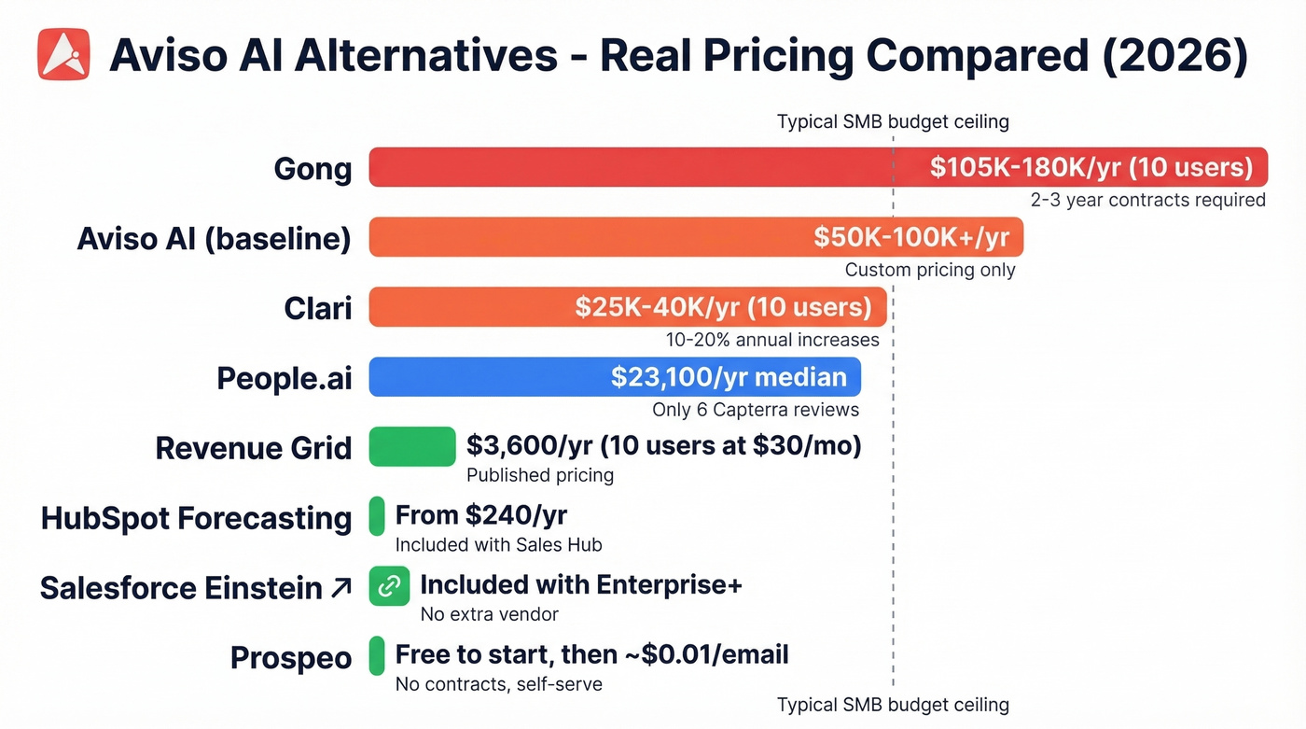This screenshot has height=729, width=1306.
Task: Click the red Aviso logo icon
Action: coord(63,53)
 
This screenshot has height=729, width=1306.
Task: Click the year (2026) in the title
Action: coord(1178,55)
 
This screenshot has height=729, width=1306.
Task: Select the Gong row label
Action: coord(313,169)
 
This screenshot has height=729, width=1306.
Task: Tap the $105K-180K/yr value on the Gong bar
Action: coord(1091,167)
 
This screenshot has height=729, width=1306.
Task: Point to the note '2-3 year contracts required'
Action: coord(1147,200)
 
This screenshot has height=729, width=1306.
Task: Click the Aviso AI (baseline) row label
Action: coord(214,238)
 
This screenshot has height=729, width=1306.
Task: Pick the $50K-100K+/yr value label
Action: coord(910,237)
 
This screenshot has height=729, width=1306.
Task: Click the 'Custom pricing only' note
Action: coord(929,270)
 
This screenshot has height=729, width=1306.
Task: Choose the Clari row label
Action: coord(317,308)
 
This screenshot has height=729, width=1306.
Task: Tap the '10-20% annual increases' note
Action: coord(771,340)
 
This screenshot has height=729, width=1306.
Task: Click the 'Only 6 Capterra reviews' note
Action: coord(755,410)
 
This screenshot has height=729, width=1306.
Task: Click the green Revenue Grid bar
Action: coord(412,446)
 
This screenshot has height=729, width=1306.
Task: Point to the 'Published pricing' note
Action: coord(539,475)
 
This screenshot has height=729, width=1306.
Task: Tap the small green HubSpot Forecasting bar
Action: coord(377,516)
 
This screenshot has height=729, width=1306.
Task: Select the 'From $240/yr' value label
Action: coord(480,514)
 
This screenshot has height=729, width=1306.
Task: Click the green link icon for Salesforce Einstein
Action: coord(389,586)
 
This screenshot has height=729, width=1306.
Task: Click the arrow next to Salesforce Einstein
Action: coord(340,588)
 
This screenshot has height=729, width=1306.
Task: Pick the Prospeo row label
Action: coord(290,658)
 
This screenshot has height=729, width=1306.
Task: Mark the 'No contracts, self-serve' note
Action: coord(498,684)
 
